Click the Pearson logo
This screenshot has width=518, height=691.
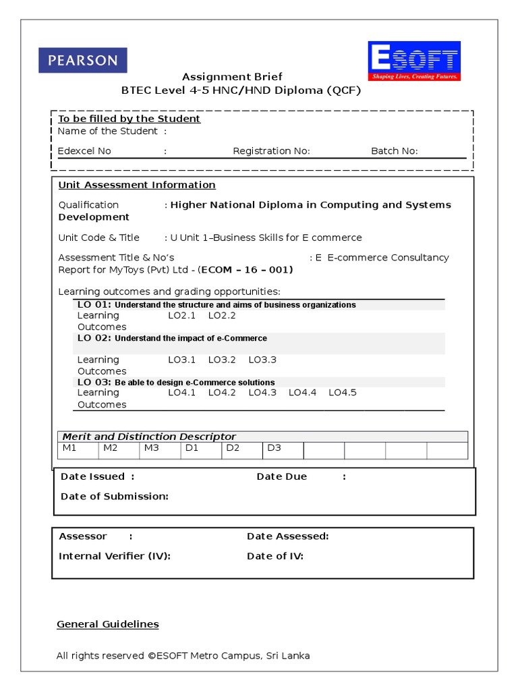pyautogui.click(x=83, y=60)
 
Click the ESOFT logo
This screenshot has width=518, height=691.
pyautogui.click(x=413, y=61)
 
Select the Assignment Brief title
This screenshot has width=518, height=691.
pyautogui.click(x=232, y=76)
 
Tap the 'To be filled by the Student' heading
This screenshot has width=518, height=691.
pyautogui.click(x=129, y=119)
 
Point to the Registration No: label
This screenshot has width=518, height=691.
pyautogui.click(x=271, y=150)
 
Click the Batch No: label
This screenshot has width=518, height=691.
pyautogui.click(x=394, y=150)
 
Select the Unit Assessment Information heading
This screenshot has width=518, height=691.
pyautogui.click(x=137, y=185)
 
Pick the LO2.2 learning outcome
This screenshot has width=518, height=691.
pyautogui.click(x=222, y=315)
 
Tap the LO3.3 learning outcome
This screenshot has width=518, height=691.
pyautogui.click(x=262, y=360)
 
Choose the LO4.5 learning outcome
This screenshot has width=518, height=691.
pyautogui.click(x=343, y=392)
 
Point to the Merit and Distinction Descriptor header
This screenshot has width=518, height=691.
pyautogui.click(x=149, y=437)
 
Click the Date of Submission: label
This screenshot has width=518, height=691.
pyautogui.click(x=114, y=496)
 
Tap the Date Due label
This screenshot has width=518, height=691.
pyautogui.click(x=281, y=476)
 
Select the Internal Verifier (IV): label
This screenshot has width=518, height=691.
pyautogui.click(x=115, y=556)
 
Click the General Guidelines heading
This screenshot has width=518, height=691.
pyautogui.click(x=108, y=624)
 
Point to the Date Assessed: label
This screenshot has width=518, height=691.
pyautogui.click(x=287, y=536)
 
